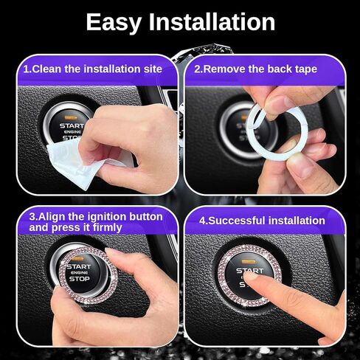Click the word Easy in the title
click(114, 23)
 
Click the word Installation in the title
click(212, 21)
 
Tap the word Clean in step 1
click(46, 69)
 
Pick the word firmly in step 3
click(108, 227)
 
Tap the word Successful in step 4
click(237, 221)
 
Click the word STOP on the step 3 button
click(80, 279)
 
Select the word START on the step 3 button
click(79, 266)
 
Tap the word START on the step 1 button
click(72, 126)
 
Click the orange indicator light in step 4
click(249, 262)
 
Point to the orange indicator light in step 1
click(70, 117)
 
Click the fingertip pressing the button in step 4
click(250, 277)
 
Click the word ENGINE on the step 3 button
click(79, 273)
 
